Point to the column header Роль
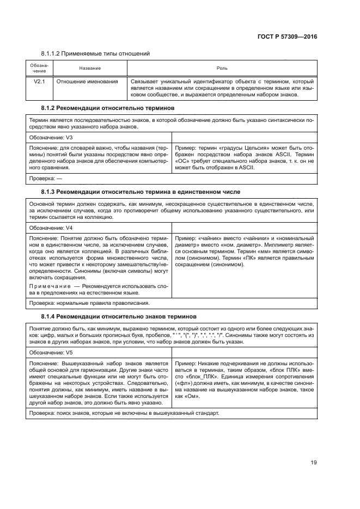point(222,69)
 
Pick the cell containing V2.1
point(39,82)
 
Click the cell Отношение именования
point(88,82)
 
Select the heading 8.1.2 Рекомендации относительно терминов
point(108,108)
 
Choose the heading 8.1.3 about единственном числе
point(140,192)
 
